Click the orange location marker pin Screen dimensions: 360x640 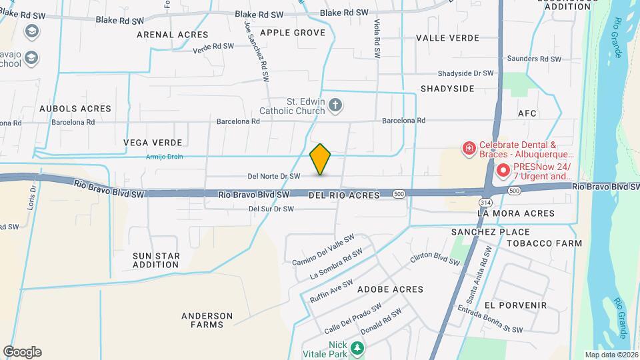click(x=321, y=159)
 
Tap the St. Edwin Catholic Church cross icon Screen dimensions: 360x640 click(x=335, y=105)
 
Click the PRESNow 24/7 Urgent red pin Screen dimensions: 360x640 click(x=501, y=171)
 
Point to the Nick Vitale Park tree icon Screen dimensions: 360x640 click(x=358, y=347)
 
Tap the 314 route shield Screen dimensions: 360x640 click(x=485, y=201)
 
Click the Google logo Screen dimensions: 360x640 click(x=22, y=352)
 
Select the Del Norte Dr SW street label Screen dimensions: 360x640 click(x=273, y=176)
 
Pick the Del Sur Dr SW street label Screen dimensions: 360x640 click(x=271, y=209)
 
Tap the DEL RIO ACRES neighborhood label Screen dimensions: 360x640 click(x=344, y=195)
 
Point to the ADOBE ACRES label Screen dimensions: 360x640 click(x=391, y=289)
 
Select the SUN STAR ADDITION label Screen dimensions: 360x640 click(x=156, y=260)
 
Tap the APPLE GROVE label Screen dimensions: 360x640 click(x=293, y=33)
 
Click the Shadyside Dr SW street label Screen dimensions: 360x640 click(x=465, y=73)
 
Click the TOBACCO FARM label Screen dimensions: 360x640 click(x=544, y=243)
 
